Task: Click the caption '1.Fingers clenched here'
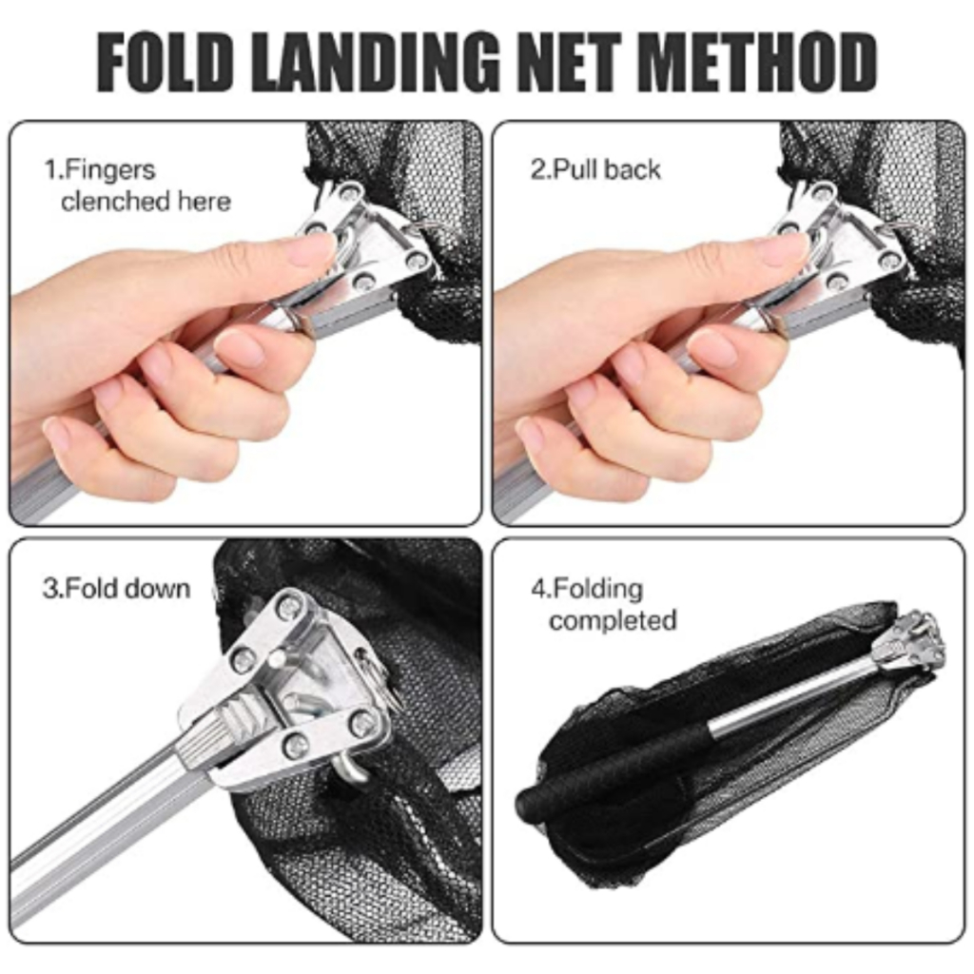[x=137, y=185]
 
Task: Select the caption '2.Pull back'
[x=595, y=169]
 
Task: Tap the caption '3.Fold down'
[x=116, y=588]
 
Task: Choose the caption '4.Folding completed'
[x=603, y=604]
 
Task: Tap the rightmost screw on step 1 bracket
[x=419, y=260]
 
